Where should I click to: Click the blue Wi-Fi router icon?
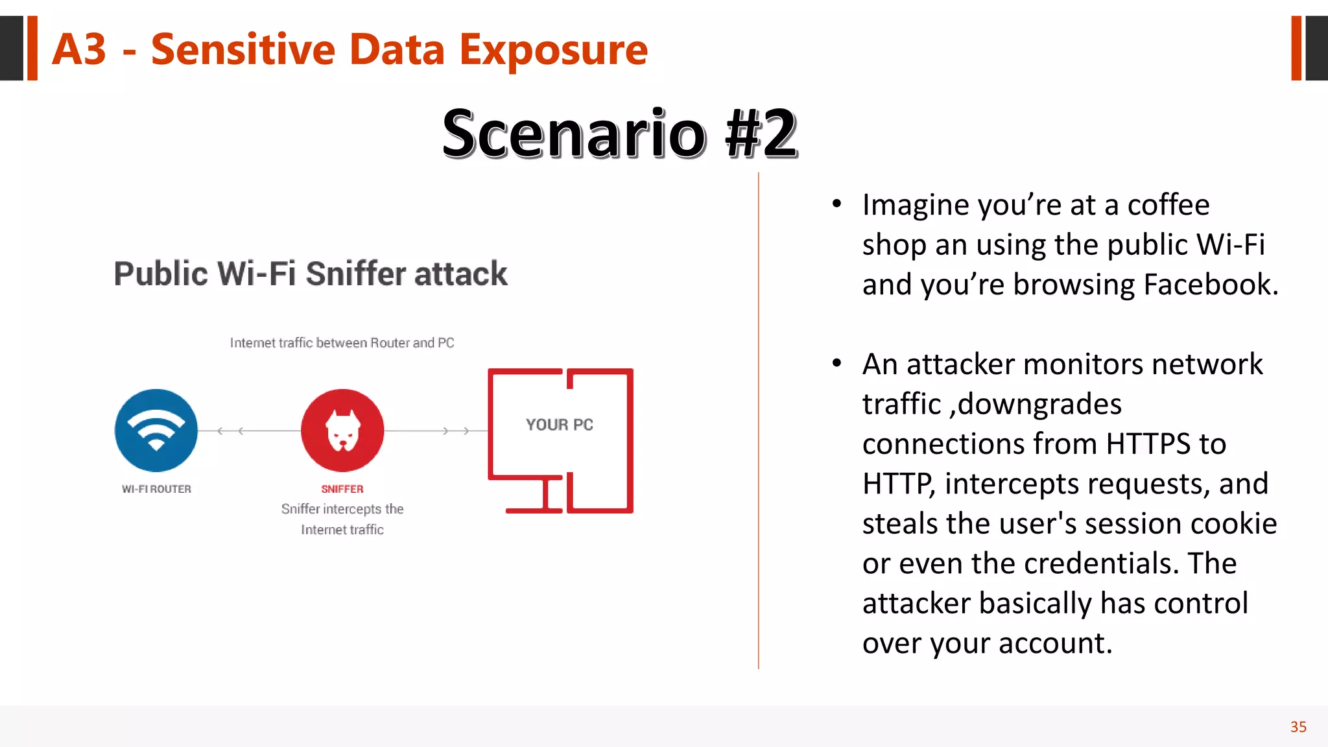tap(156, 431)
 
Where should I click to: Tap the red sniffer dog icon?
tap(342, 431)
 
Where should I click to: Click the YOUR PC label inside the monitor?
tap(560, 425)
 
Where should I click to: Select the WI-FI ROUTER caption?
tap(156, 489)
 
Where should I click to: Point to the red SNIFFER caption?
tap(342, 489)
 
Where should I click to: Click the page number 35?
tap(1298, 727)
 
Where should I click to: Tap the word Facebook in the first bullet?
tap(1210, 285)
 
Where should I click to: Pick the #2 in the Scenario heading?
tap(761, 134)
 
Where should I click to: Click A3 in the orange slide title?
tap(78, 49)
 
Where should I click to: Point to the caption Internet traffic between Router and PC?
tap(342, 342)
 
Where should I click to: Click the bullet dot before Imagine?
tap(837, 204)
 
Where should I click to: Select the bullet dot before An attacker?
tap(837, 364)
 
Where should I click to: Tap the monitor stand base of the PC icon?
tap(534, 510)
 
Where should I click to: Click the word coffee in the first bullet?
tap(1168, 205)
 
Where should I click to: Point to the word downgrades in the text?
tap(1039, 405)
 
